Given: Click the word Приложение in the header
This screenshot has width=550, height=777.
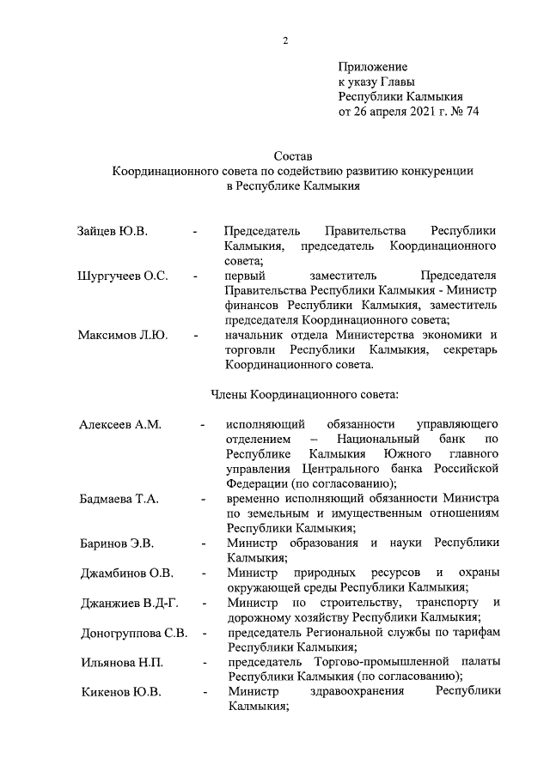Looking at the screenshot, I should point(373,66).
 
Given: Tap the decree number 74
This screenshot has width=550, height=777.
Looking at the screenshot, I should point(470,112).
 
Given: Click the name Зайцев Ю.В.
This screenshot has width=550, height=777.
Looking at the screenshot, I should point(112,232).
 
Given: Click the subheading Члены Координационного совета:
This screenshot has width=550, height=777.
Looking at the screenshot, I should point(304,395).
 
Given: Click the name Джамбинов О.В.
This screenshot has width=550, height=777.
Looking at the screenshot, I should point(126,573).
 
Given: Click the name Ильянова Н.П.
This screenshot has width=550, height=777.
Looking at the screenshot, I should point(121,663).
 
